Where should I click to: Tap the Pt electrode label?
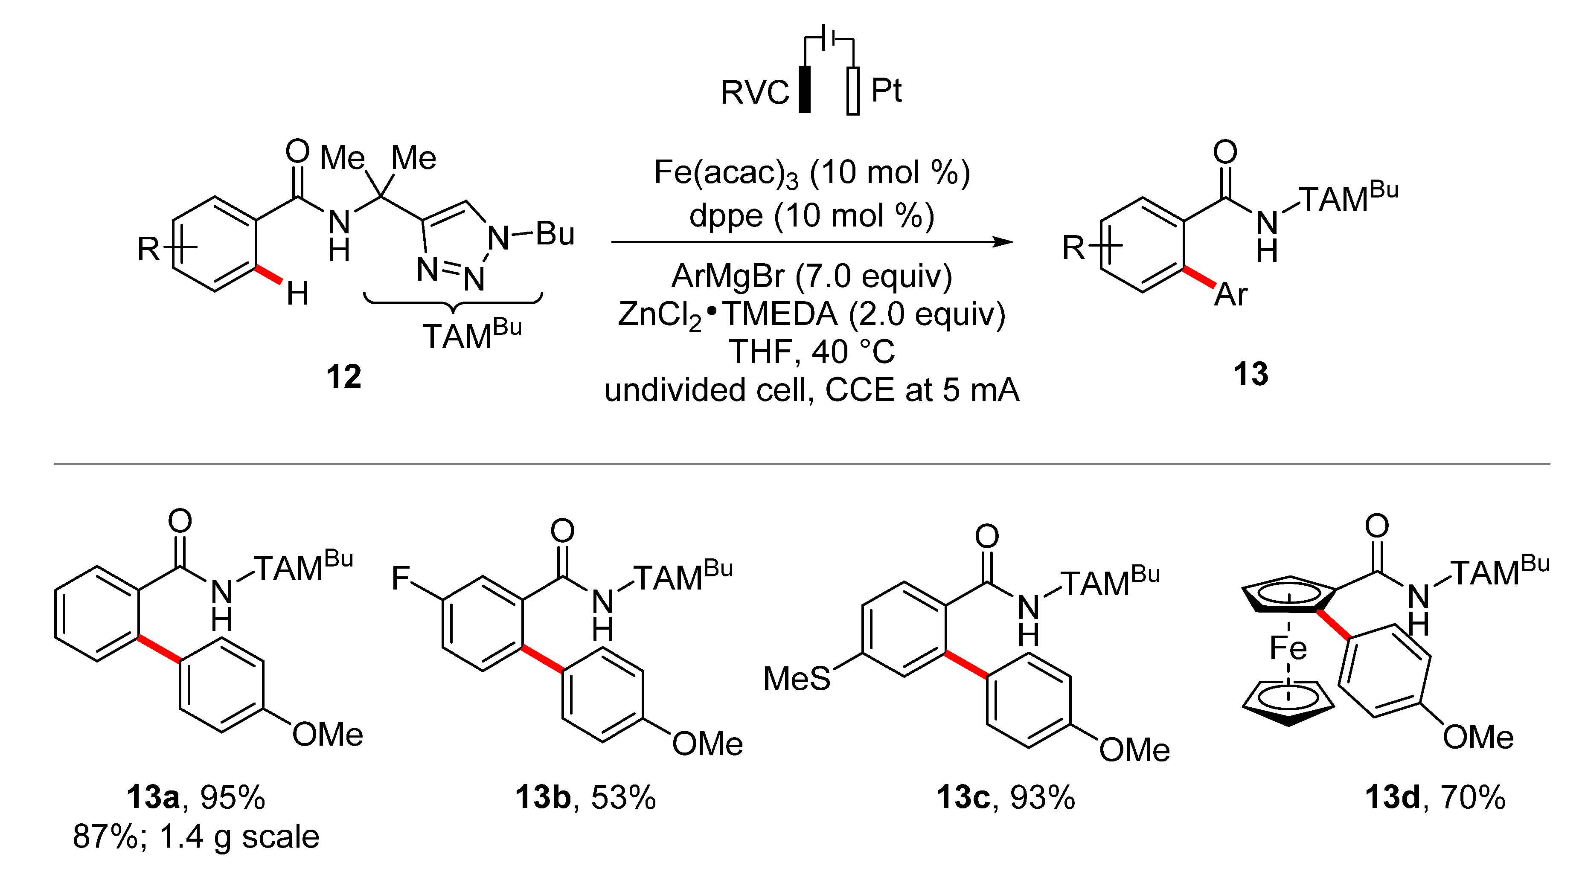click(886, 91)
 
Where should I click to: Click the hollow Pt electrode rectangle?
click(853, 91)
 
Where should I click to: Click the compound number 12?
click(343, 376)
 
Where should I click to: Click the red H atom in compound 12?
click(298, 294)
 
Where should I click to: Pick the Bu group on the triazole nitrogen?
click(555, 234)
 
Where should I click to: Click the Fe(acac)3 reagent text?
click(726, 173)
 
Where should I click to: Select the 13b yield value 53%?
click(623, 797)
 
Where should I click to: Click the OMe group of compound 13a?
click(327, 735)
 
